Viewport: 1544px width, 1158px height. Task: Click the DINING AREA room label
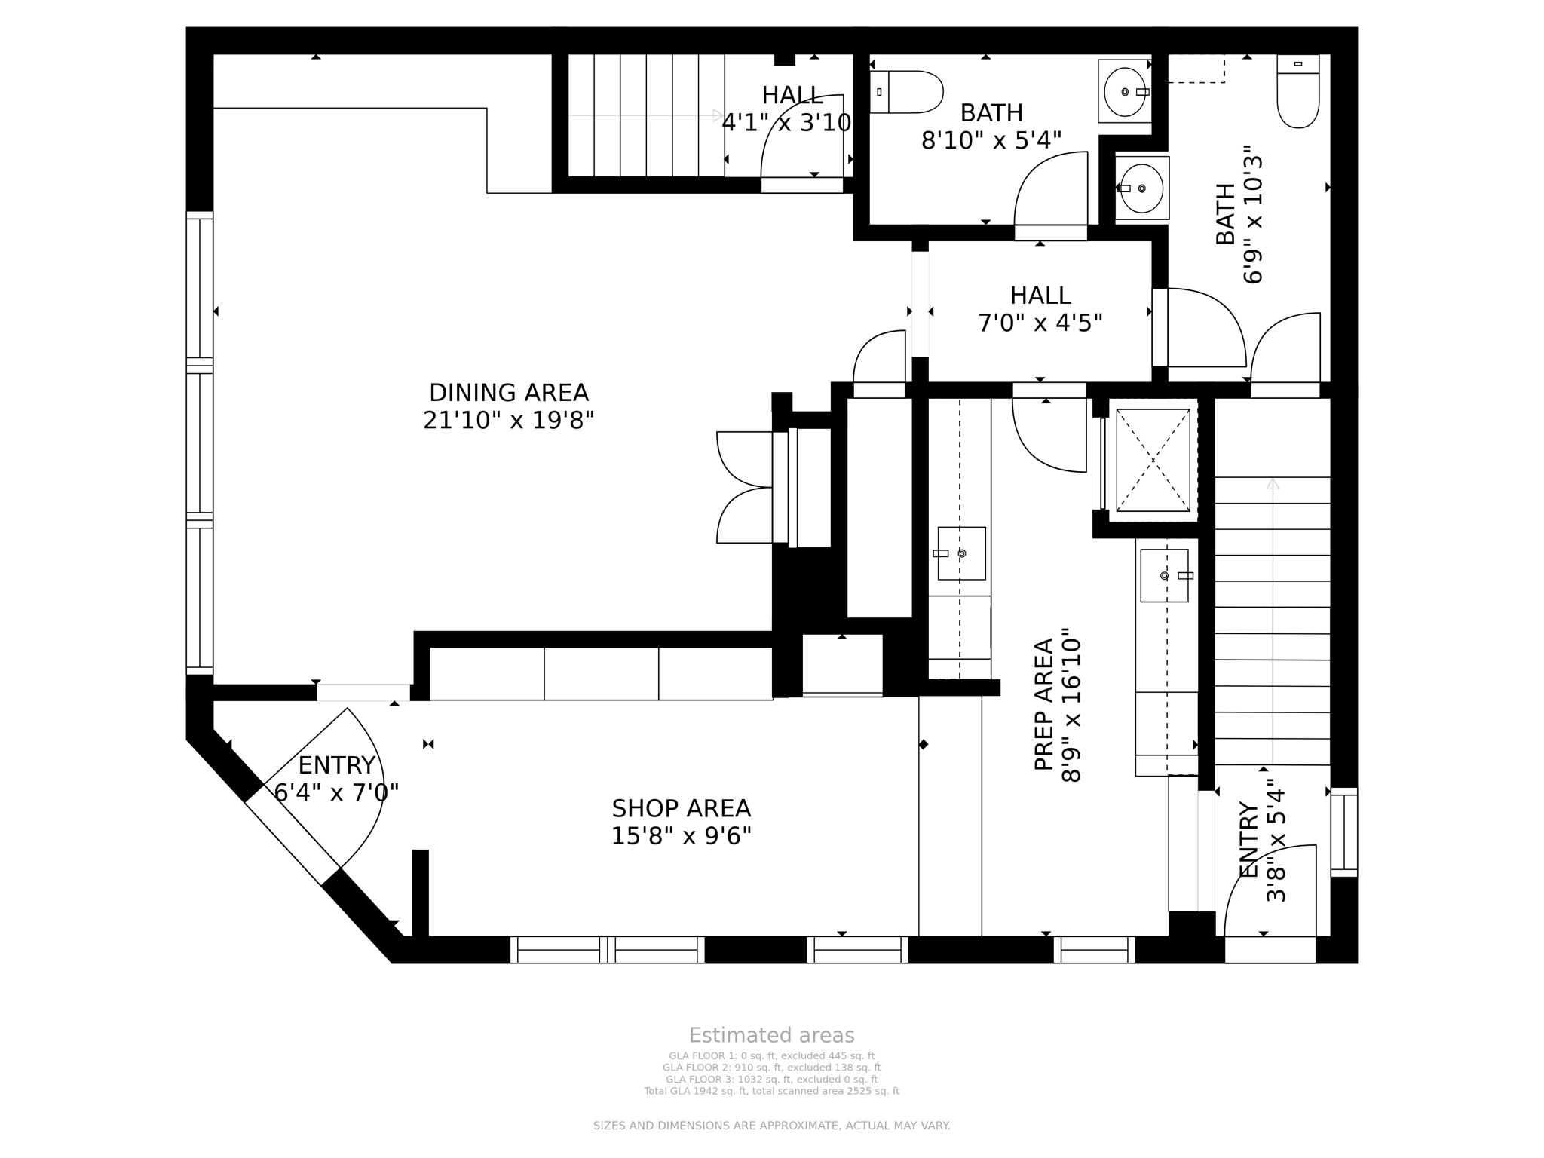pyautogui.click(x=509, y=393)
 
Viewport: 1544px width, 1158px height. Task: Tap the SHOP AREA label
pyautogui.click(x=681, y=808)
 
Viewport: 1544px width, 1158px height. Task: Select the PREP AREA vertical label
pyautogui.click(x=1043, y=704)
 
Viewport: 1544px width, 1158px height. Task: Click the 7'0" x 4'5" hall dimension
pyautogui.click(x=1040, y=323)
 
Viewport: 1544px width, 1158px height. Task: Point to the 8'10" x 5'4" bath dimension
pyautogui.click(x=991, y=140)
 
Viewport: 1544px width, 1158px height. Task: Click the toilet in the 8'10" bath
pyautogui.click(x=906, y=92)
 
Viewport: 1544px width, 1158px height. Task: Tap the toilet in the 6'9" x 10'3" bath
pyautogui.click(x=1298, y=91)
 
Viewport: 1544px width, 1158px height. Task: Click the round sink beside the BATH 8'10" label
pyautogui.click(x=1125, y=91)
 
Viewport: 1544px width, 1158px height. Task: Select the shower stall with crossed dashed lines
pyautogui.click(x=1153, y=461)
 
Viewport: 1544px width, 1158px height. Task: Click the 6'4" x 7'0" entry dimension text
pyautogui.click(x=336, y=792)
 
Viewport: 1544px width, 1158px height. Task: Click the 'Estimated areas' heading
pyautogui.click(x=771, y=1035)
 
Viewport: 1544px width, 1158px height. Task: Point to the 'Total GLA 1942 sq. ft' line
pyautogui.click(x=771, y=1091)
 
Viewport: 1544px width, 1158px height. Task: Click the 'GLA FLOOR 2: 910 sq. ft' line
pyautogui.click(x=771, y=1068)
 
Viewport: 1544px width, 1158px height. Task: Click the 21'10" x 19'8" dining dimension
pyautogui.click(x=509, y=420)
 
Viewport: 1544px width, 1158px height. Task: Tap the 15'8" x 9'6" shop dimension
pyautogui.click(x=681, y=836)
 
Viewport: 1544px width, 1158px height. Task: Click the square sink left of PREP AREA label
pyautogui.click(x=961, y=553)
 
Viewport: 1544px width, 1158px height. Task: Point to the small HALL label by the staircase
pyautogui.click(x=792, y=95)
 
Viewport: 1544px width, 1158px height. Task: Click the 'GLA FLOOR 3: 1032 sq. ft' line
pyautogui.click(x=771, y=1080)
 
